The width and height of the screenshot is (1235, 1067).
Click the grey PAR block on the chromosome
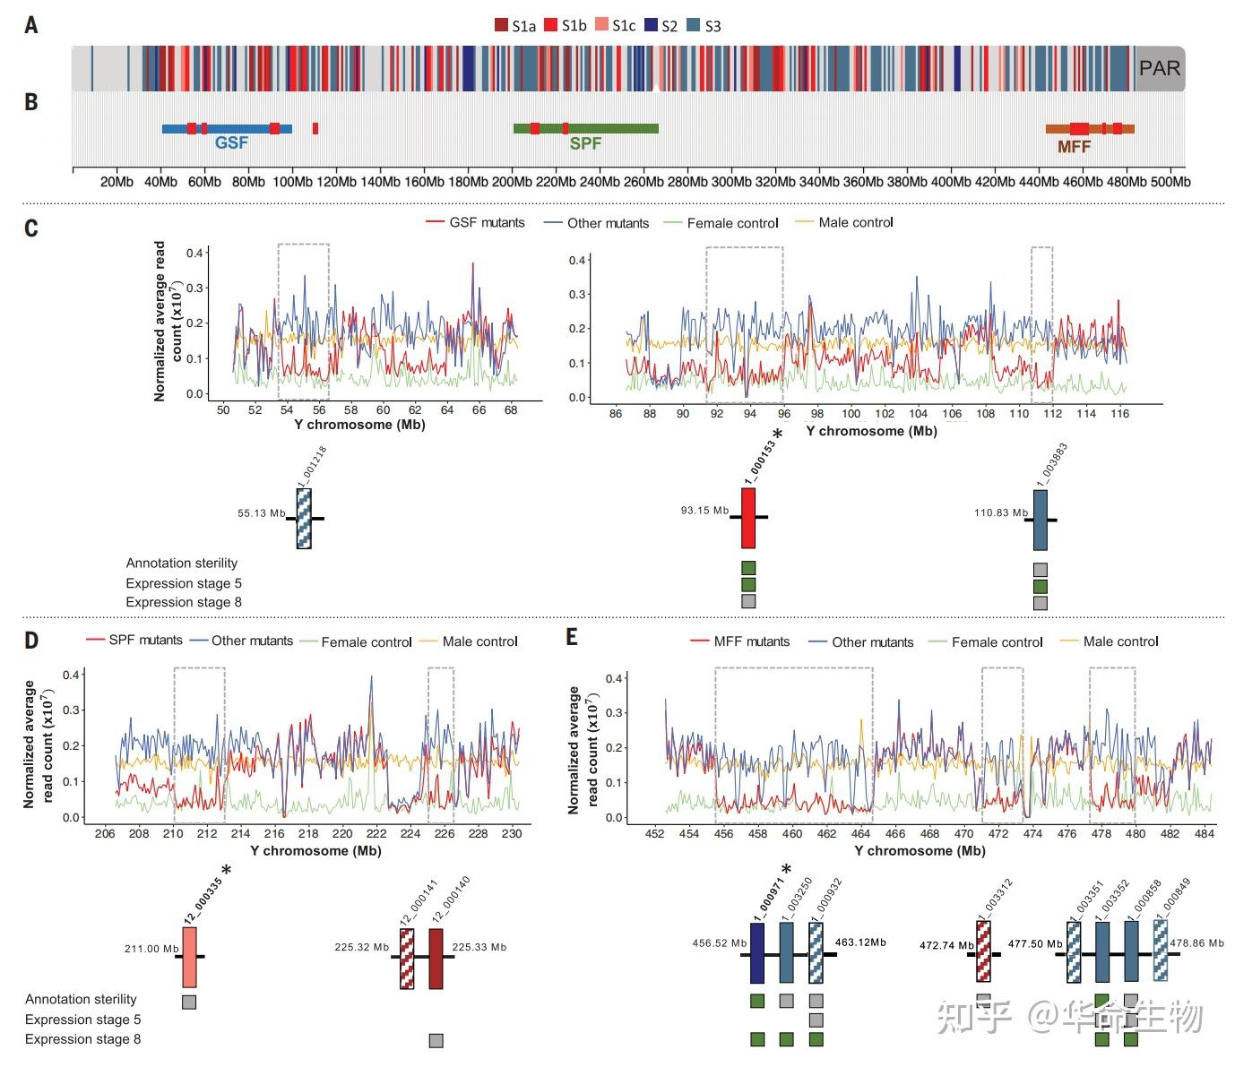point(1160,68)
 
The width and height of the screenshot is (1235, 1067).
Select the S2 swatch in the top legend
point(652,26)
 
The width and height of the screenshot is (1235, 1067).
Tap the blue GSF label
point(231,142)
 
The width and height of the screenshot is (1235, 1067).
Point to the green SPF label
point(585,143)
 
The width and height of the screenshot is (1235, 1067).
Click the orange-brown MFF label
point(1074,147)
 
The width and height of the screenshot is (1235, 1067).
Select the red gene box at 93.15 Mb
point(748,518)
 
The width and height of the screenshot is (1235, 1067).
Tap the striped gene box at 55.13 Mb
point(304,519)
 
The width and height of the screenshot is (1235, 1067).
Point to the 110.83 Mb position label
point(1000,513)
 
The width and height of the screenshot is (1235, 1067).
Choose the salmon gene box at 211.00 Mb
point(189,957)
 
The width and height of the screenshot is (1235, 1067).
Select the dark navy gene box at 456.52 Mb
point(756,954)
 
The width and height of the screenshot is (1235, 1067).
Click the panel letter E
point(572,637)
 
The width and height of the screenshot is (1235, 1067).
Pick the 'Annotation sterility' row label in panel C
point(182,564)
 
